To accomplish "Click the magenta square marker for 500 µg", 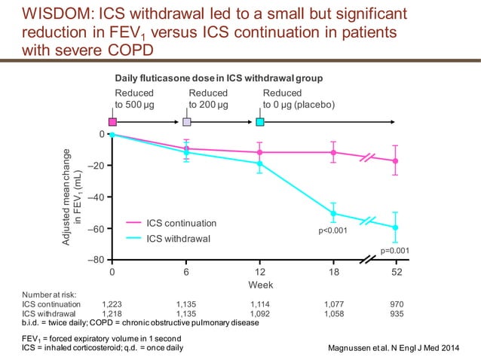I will pyautogui.click(x=112, y=121).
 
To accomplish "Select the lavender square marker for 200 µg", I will pyautogui.click(x=186, y=121).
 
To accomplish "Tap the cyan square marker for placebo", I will pyautogui.click(x=260, y=121).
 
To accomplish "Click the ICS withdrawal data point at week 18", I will pyautogui.click(x=334, y=213).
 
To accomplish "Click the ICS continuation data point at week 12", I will pyautogui.click(x=260, y=152).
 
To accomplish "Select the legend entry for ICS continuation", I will pyautogui.click(x=181, y=223).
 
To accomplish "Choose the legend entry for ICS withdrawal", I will pyautogui.click(x=178, y=239).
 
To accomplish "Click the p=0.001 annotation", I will pyautogui.click(x=394, y=249).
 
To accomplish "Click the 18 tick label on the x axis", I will pyautogui.click(x=334, y=272).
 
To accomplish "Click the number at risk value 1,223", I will pyautogui.click(x=112, y=304).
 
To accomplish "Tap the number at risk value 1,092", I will pyautogui.click(x=260, y=313).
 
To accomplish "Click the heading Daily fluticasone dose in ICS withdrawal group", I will pyautogui.click(x=219, y=78).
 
